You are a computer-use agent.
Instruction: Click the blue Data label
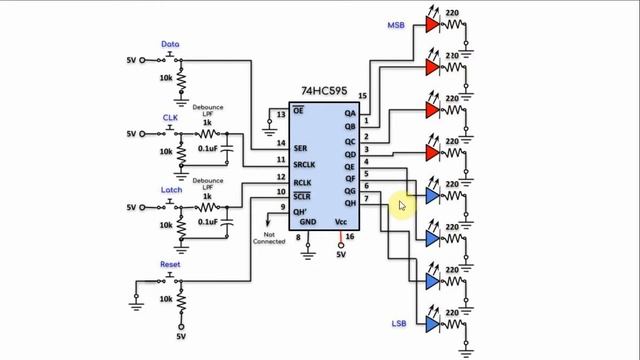click(171, 45)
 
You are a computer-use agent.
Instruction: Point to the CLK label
click(169, 117)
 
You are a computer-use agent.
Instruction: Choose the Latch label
click(171, 189)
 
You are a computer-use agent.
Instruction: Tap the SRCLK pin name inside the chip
click(305, 164)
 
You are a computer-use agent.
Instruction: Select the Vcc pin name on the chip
click(340, 221)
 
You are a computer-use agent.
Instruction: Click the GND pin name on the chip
click(308, 221)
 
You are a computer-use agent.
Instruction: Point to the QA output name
click(350, 114)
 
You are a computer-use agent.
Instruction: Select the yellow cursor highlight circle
click(400, 205)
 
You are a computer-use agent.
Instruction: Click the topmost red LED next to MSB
click(432, 24)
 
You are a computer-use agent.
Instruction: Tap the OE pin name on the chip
click(298, 110)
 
